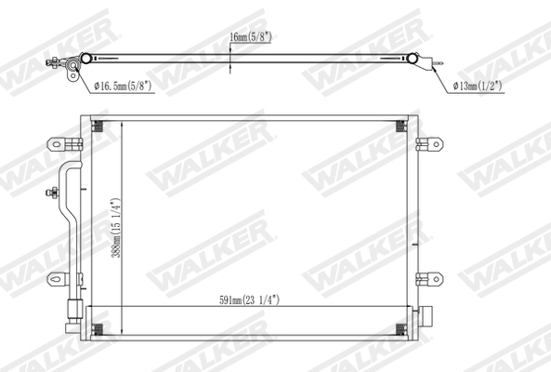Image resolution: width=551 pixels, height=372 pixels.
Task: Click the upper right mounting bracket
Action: point(429,143)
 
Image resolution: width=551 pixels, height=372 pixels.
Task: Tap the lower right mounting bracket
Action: point(429,278)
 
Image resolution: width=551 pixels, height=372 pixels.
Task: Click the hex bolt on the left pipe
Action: point(53,193)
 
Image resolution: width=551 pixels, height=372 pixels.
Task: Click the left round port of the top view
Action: point(86,59)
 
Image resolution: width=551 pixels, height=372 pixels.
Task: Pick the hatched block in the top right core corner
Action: point(401,127)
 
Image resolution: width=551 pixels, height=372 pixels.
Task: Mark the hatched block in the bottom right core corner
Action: point(401,326)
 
